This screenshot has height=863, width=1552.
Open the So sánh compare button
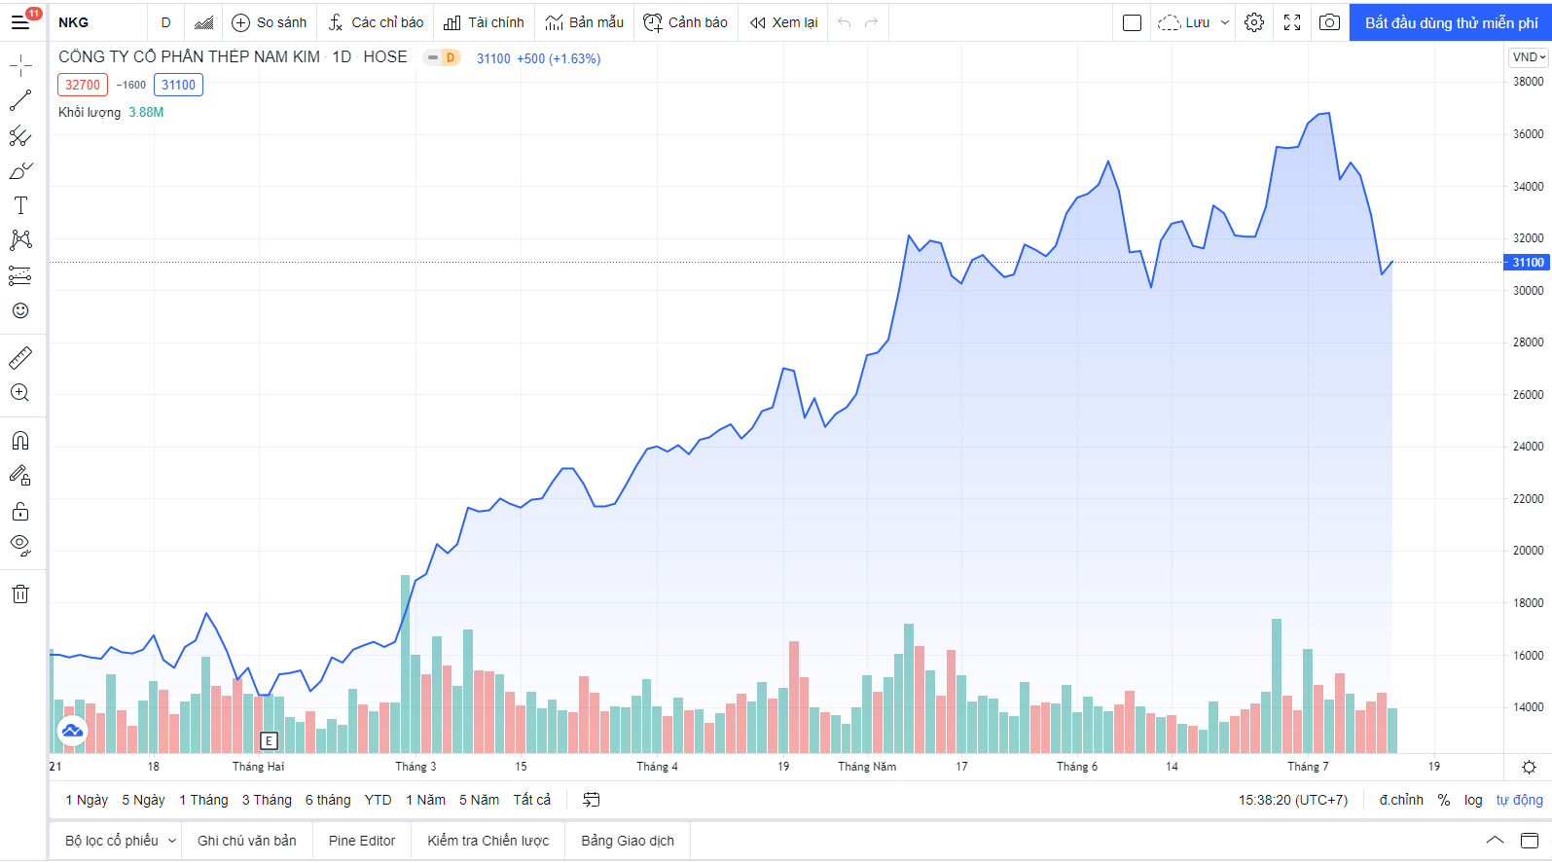(x=270, y=22)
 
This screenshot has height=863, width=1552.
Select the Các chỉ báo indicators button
(x=376, y=22)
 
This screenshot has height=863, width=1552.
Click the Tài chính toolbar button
(x=484, y=22)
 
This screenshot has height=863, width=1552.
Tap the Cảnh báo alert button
(x=685, y=22)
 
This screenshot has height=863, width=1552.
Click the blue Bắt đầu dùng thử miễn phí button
(x=1450, y=22)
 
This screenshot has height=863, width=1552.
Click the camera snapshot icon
(x=1329, y=22)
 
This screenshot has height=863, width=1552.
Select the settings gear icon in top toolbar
(x=1254, y=22)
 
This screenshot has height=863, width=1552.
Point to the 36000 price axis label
(x=1528, y=134)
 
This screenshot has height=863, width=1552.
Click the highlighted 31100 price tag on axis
(x=1527, y=263)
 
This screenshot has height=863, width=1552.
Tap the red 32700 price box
(x=83, y=85)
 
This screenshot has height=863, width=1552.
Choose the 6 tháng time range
(x=328, y=800)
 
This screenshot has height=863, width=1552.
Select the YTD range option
(x=378, y=800)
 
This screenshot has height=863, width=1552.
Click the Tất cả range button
(x=531, y=800)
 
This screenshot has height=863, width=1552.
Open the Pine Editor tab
(x=362, y=841)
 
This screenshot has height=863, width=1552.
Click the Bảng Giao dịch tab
(x=628, y=841)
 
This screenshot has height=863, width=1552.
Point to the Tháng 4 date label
(x=657, y=767)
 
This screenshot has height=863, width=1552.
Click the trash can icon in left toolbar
(x=20, y=594)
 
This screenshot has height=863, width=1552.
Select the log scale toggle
(x=1473, y=800)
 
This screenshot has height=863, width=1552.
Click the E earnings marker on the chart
(x=269, y=741)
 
